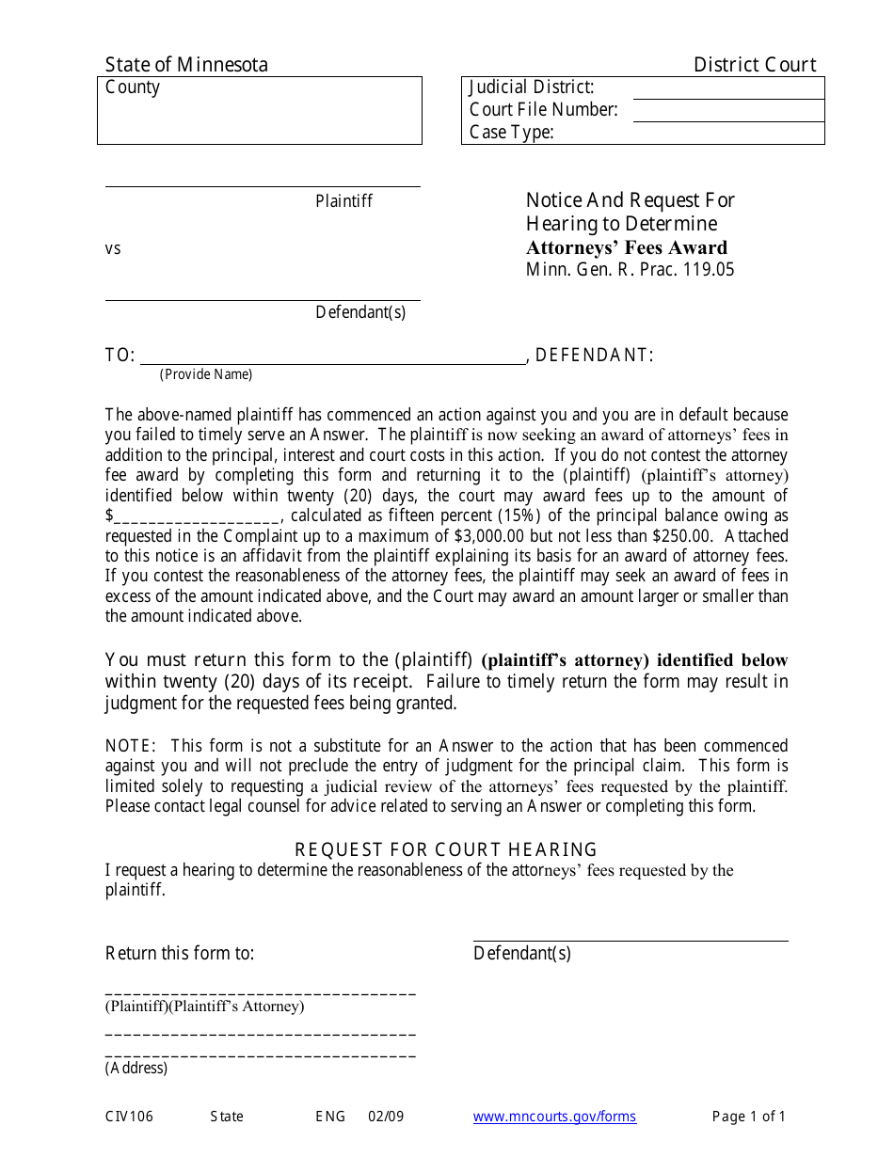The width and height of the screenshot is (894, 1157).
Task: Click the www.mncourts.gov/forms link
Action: click(554, 1117)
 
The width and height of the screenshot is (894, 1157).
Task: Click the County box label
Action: click(133, 87)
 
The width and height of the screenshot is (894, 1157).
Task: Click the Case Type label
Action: click(511, 133)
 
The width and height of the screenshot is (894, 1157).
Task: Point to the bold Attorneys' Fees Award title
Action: click(626, 248)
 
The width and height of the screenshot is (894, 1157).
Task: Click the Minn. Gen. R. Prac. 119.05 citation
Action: click(630, 270)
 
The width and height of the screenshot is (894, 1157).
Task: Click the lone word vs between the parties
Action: click(113, 249)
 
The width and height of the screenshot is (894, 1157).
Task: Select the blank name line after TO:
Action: click(332, 361)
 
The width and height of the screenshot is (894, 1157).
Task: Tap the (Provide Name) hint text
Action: click(206, 374)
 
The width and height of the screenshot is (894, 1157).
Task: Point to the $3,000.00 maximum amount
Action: click(488, 536)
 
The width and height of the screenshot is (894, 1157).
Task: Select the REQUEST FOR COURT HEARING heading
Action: click(446, 849)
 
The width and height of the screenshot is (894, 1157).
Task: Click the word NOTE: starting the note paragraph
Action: click(130, 746)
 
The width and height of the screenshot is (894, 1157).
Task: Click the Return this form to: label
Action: click(180, 954)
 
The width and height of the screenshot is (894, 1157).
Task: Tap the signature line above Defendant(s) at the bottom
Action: click(630, 939)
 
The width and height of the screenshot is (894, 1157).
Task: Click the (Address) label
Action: click(136, 1069)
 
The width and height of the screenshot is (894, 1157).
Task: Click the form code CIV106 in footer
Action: click(129, 1117)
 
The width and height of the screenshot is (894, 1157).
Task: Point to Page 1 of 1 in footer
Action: click(748, 1117)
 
